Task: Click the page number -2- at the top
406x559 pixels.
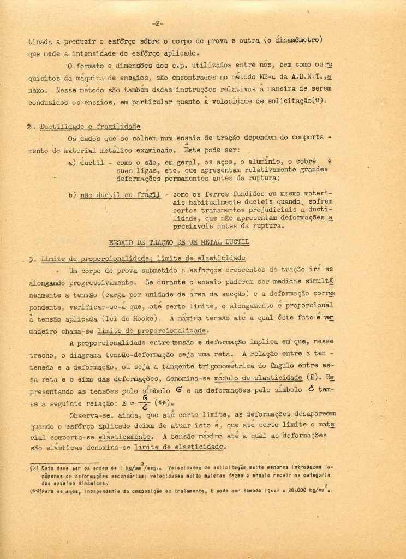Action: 157,23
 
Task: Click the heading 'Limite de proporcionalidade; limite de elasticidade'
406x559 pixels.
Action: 143,258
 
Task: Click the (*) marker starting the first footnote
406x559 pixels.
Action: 34,468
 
